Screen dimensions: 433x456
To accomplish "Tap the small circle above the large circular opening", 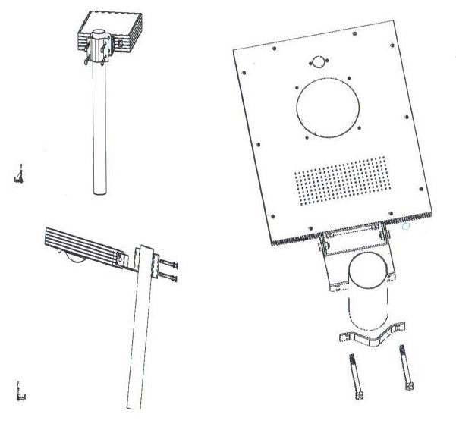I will point(318,62).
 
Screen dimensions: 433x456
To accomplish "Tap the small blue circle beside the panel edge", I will point(406,226).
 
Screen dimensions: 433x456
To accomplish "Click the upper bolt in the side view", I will point(168,264).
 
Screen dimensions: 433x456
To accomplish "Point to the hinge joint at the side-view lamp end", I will point(119,259).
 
